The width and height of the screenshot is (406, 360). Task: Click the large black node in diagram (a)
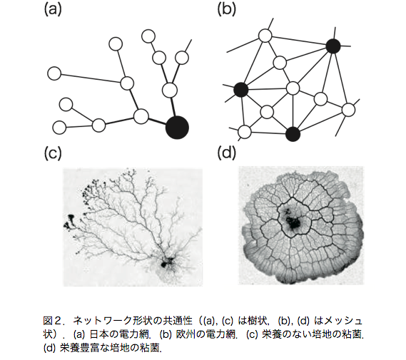pyautogui.click(x=177, y=128)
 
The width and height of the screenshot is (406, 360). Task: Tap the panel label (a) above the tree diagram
pyautogui.click(x=53, y=10)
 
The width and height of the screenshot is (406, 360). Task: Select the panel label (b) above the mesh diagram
pyautogui.click(x=227, y=10)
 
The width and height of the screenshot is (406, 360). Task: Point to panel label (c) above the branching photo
pyautogui.click(x=53, y=153)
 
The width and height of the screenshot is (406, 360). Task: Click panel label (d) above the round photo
pyautogui.click(x=227, y=153)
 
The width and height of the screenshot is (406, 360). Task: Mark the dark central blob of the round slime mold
pyautogui.click(x=293, y=222)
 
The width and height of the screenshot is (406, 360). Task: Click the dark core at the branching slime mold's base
pyautogui.click(x=166, y=262)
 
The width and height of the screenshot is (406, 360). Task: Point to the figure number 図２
pyautogui.click(x=52, y=321)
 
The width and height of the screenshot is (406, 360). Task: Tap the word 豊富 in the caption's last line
pyautogui.click(x=88, y=348)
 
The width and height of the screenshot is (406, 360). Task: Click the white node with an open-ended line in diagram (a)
pyautogui.click(x=182, y=58)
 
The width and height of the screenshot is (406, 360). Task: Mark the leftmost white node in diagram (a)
pyautogui.click(x=54, y=73)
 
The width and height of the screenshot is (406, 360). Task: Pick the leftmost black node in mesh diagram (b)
pyautogui.click(x=241, y=90)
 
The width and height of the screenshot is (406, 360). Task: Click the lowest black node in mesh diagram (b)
pyautogui.click(x=293, y=134)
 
